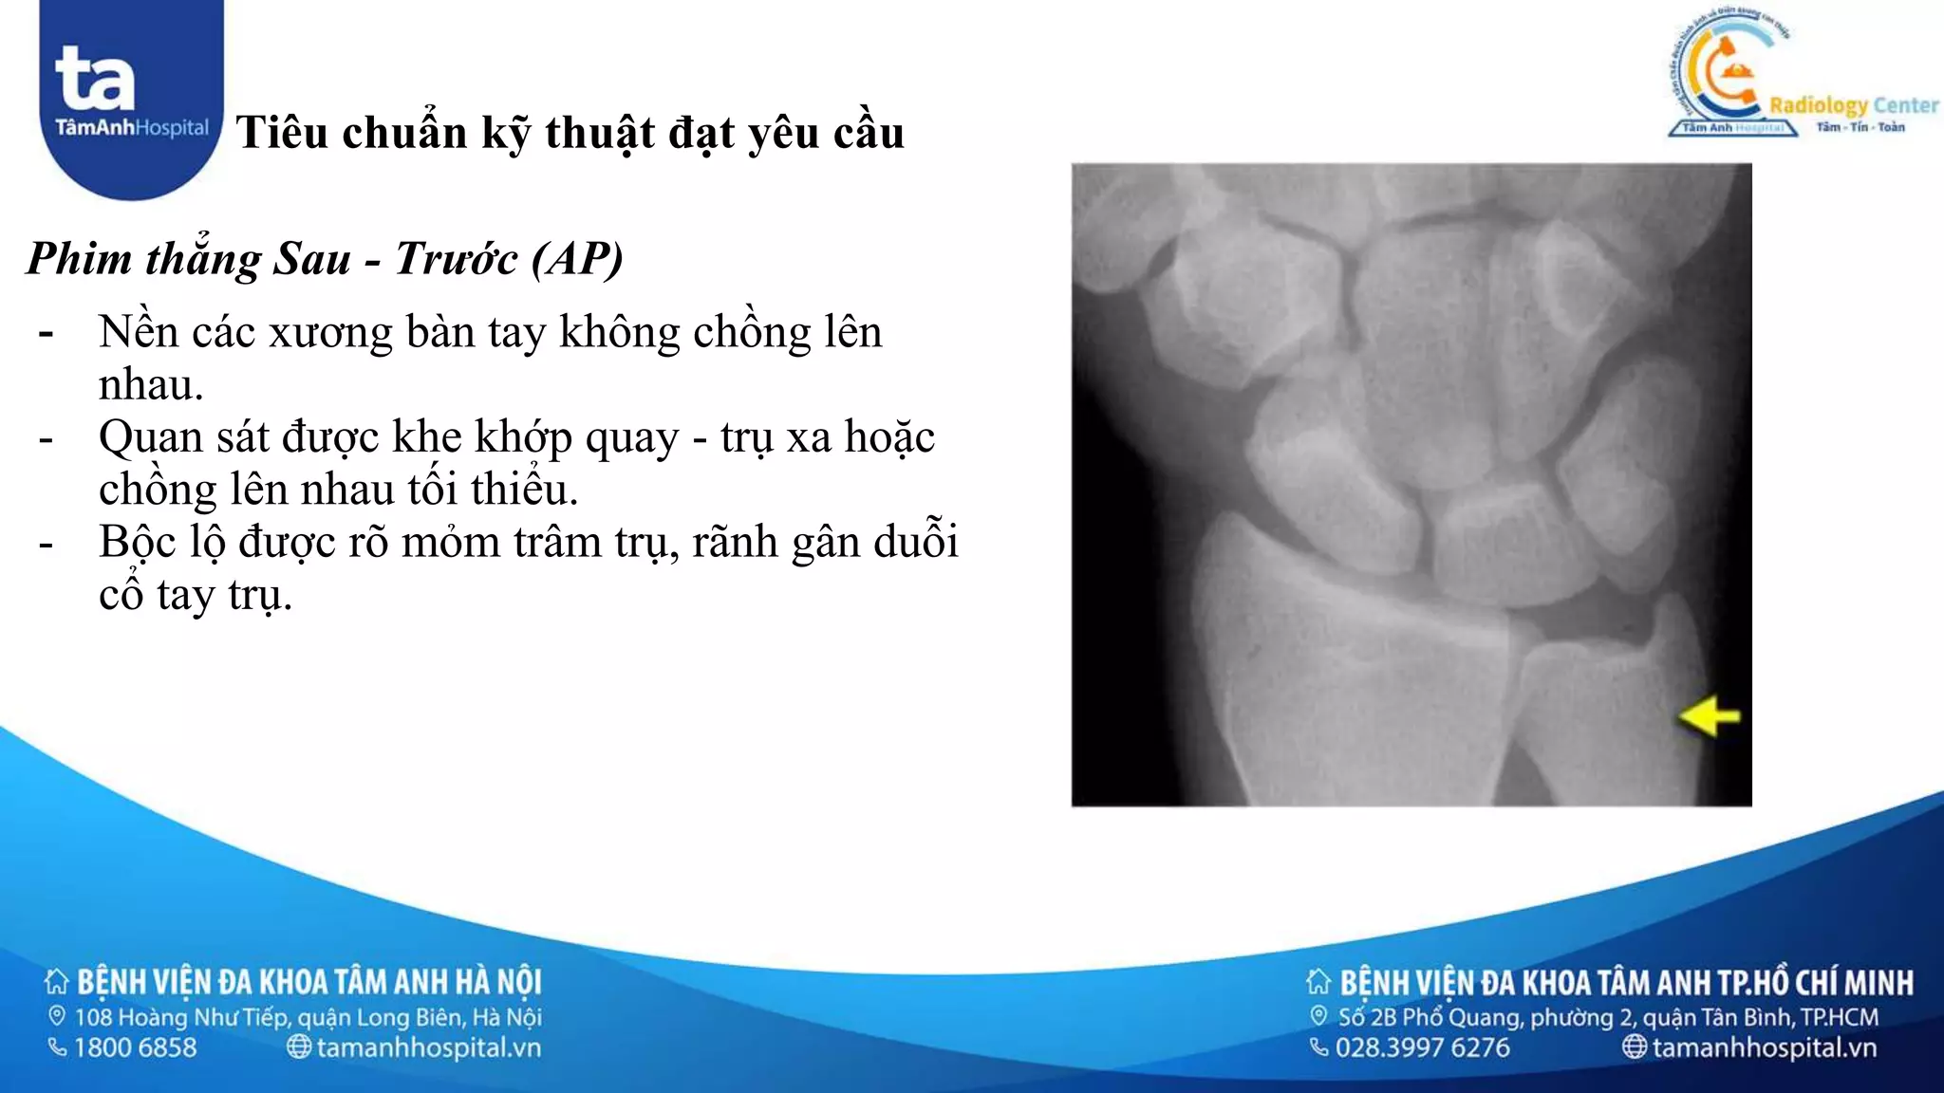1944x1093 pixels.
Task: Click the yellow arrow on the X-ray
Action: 1710,715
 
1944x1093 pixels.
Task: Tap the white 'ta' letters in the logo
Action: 95,79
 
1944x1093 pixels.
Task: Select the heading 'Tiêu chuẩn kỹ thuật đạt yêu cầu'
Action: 570,132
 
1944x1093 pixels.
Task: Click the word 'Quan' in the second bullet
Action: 151,437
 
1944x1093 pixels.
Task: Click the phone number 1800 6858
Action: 135,1047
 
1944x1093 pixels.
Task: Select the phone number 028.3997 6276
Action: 1422,1047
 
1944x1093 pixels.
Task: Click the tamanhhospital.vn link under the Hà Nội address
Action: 428,1047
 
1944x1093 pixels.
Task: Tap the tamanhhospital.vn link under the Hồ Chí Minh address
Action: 1764,1047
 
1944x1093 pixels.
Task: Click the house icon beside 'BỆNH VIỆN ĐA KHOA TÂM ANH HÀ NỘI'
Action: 57,981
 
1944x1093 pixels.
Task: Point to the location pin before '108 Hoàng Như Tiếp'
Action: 57,1016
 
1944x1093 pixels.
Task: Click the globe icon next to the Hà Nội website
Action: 298,1047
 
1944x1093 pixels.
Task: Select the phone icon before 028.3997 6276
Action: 1318,1047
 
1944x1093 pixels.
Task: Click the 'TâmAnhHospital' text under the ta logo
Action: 131,128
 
